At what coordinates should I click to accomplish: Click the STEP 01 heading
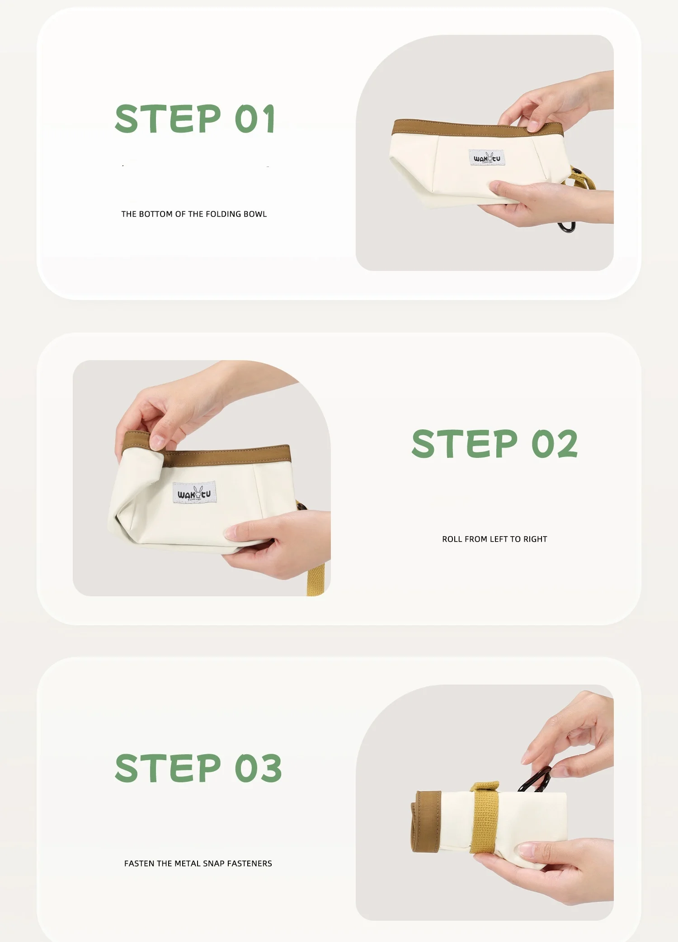click(x=195, y=119)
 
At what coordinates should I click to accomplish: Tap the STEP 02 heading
click(x=494, y=443)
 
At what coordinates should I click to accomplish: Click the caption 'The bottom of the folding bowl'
click(x=194, y=214)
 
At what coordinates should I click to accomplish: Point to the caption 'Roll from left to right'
click(x=494, y=539)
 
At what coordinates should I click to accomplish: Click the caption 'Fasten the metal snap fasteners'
click(x=198, y=863)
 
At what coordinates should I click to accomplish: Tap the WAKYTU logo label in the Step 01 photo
click(x=487, y=158)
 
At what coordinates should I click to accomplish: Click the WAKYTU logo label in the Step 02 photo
click(x=194, y=493)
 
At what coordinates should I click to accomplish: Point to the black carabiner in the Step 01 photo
click(x=567, y=227)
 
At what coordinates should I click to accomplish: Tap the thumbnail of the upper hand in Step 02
click(x=157, y=441)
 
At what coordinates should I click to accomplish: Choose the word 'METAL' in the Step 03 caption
click(x=188, y=863)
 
